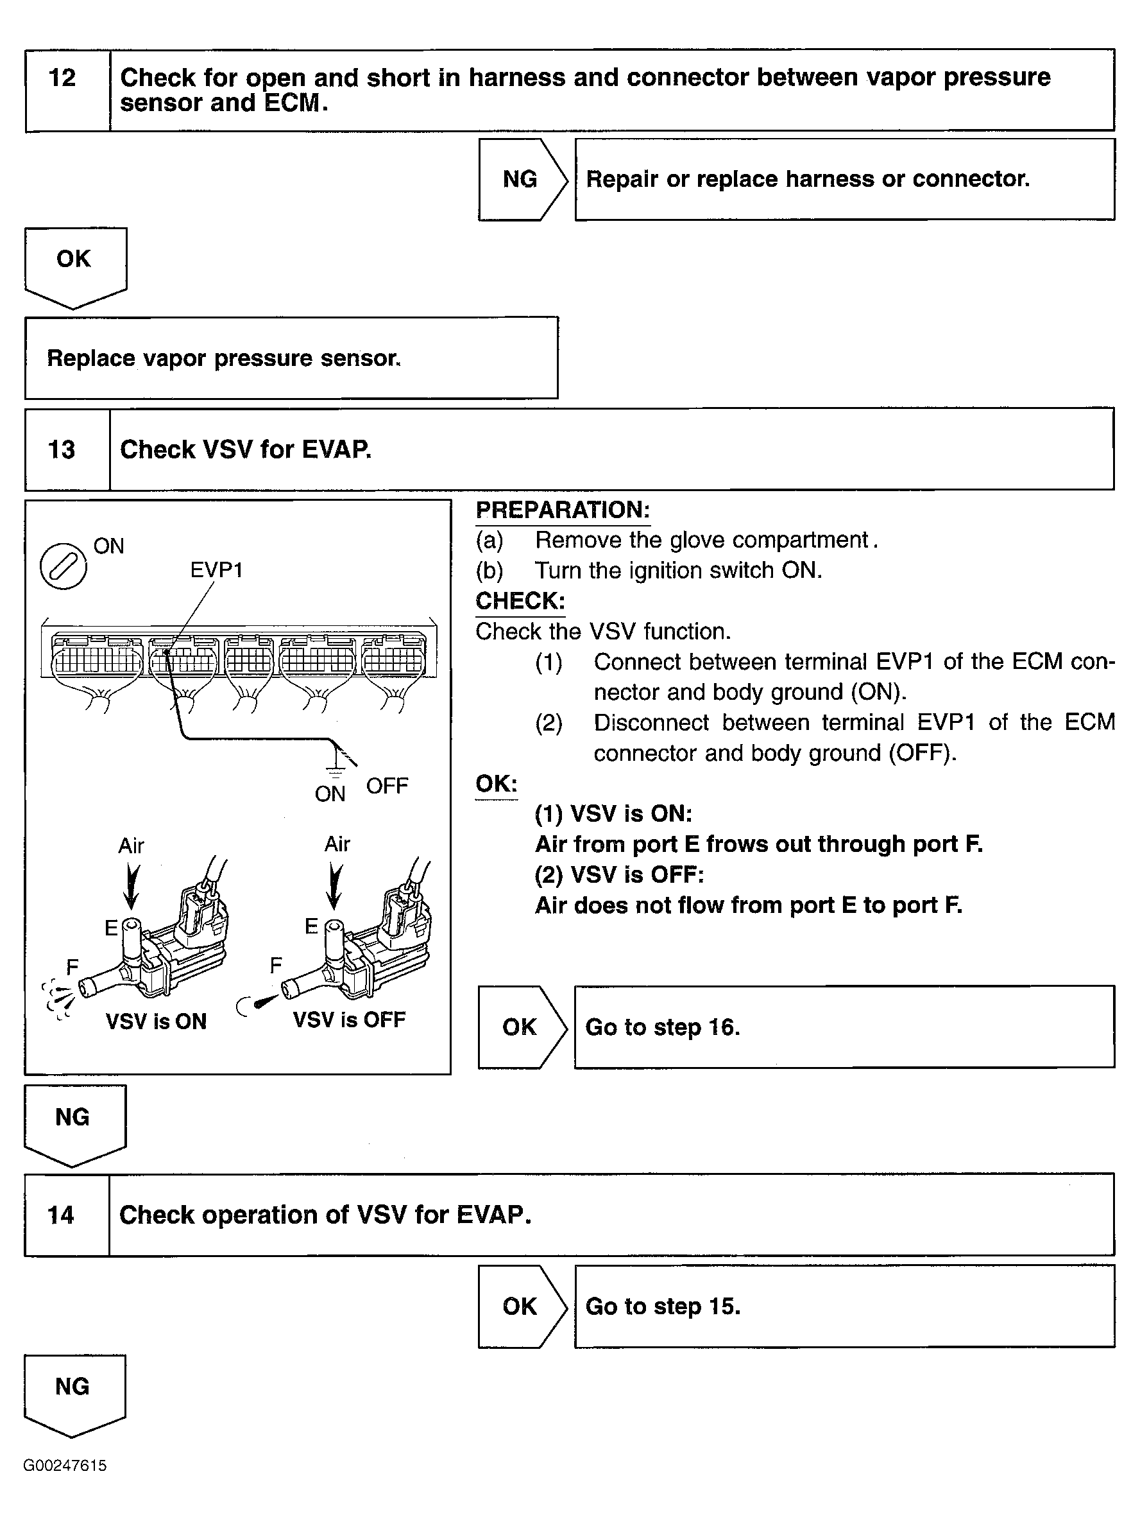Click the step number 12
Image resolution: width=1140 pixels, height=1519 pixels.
[x=62, y=78]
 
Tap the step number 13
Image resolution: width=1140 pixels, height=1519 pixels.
[x=61, y=450]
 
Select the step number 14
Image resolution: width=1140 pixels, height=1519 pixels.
[x=60, y=1215]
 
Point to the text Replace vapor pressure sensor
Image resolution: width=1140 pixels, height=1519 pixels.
[x=224, y=358]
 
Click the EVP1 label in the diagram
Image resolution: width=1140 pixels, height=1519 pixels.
[x=216, y=570]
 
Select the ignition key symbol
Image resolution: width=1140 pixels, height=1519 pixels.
[x=63, y=566]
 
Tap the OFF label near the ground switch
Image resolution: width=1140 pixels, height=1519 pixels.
[x=387, y=786]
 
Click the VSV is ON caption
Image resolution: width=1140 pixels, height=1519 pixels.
[x=156, y=1021]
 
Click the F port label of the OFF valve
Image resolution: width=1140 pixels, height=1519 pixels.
[x=276, y=966]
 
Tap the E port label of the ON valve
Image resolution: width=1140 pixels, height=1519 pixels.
[x=111, y=928]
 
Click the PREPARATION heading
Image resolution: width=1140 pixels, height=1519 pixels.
[x=563, y=510]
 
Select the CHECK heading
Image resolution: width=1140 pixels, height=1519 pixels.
[x=520, y=601]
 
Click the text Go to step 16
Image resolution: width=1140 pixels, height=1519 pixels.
[x=662, y=1027]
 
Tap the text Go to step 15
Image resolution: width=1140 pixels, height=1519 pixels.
[x=663, y=1306]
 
